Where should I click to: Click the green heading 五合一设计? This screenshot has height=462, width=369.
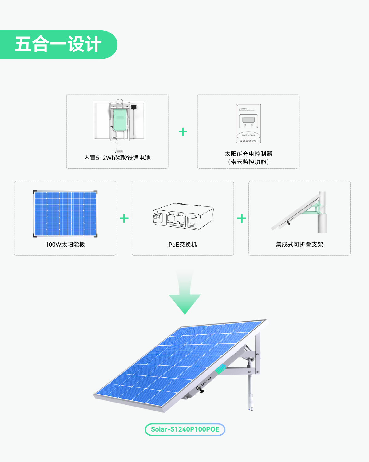coord(58,44)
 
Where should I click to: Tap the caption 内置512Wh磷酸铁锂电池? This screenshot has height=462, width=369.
coord(117,158)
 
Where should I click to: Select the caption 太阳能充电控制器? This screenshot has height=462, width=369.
coord(248,154)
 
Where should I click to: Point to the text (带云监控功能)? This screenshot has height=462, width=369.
coord(248,162)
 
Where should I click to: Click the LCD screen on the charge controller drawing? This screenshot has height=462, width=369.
coord(248,120)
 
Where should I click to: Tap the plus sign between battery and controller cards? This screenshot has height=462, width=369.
coord(183,132)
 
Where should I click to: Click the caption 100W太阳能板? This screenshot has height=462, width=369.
coord(65,245)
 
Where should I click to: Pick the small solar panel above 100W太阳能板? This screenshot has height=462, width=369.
coord(65,214)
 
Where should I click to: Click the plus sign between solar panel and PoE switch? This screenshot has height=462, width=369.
coord(124,219)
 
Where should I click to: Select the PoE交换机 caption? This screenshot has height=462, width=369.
coord(183,245)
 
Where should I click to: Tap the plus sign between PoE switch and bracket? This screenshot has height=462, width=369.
coord(242,219)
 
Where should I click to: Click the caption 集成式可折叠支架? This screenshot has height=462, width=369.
coord(299,245)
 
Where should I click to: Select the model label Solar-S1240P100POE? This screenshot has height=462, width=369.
coord(185,429)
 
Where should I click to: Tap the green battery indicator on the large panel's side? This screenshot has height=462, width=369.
coord(221,369)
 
